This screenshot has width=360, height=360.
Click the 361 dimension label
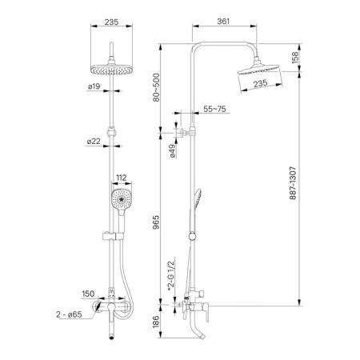[x=223, y=21]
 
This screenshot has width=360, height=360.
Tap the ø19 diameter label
[x=94, y=86]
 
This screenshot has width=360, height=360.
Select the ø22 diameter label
[x=94, y=142]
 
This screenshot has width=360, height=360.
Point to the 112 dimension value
[x=122, y=178]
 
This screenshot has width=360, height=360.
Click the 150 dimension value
[x=88, y=294]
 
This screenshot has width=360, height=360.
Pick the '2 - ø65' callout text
[x=69, y=314]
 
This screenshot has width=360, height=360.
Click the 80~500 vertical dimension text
[x=156, y=87]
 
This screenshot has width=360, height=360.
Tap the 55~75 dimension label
[x=214, y=109]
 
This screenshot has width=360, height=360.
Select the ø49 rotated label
[x=173, y=151]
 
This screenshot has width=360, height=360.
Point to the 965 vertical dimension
[x=156, y=222]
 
